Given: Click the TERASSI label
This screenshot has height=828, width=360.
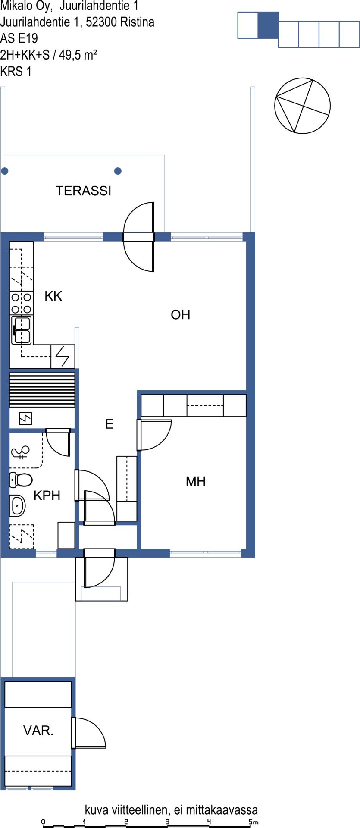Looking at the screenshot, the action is pyautogui.click(x=84, y=191).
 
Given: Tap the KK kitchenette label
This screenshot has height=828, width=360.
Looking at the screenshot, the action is pyautogui.click(x=53, y=296).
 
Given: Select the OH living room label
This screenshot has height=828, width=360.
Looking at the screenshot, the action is pyautogui.click(x=180, y=314).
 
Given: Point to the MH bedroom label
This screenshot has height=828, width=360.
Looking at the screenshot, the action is pyautogui.click(x=196, y=481).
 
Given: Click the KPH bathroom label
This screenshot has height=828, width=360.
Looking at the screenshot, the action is pyautogui.click(x=47, y=496).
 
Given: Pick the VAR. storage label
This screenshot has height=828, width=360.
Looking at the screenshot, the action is pyautogui.click(x=38, y=730).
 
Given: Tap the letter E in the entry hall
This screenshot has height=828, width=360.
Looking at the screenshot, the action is pyautogui.click(x=110, y=424).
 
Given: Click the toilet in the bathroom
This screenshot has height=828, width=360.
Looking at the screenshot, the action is pyautogui.click(x=21, y=479).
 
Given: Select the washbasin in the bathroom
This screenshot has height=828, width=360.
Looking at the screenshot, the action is pyautogui.click(x=18, y=505).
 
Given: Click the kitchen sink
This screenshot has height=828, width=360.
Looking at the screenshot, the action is pyautogui.click(x=21, y=330).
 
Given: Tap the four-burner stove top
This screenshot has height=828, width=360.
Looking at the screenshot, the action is pyautogui.click(x=21, y=303).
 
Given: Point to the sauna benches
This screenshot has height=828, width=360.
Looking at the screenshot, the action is pyautogui.click(x=42, y=390).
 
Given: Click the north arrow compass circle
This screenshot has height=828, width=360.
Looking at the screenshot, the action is pyautogui.click(x=303, y=106).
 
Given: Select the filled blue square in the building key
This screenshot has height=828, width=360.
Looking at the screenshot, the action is pyautogui.click(x=268, y=25).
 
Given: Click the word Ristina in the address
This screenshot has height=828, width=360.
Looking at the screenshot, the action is pyautogui.click(x=137, y=22).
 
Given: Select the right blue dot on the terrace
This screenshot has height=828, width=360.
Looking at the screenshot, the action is pyautogui.click(x=118, y=171).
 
